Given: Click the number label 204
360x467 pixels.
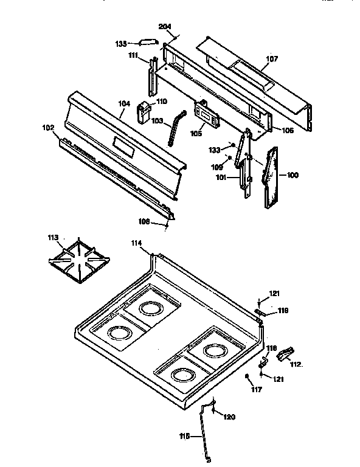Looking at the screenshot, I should tap(165, 27).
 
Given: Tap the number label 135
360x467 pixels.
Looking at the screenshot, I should tap(122, 43).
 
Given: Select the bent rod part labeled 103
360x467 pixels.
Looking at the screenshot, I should tap(176, 126).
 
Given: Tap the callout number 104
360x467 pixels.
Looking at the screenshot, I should tap(124, 104).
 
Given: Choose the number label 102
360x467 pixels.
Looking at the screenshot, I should tap(47, 128).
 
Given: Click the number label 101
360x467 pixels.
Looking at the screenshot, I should tap(223, 178).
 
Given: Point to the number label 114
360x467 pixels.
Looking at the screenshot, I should tap(137, 243).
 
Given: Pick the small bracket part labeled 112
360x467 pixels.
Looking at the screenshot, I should tap(285, 353).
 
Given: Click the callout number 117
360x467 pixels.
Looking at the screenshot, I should tap(257, 389).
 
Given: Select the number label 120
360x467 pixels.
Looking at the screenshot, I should tap(229, 417).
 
